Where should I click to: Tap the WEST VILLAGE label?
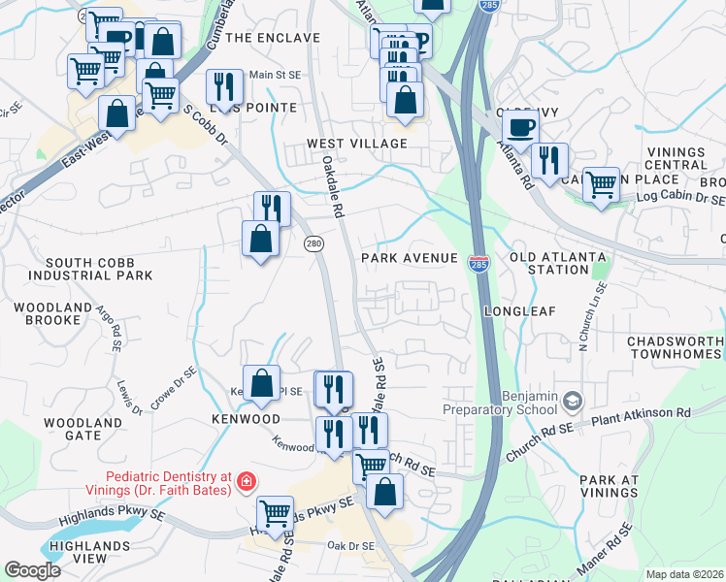click(x=357, y=144)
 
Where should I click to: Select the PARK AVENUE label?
click(x=409, y=258)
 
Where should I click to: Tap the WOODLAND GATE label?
click(x=83, y=429)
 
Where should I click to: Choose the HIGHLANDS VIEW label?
click(x=78, y=553)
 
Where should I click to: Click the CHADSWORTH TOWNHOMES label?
click(x=676, y=348)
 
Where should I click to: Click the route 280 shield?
click(x=313, y=242)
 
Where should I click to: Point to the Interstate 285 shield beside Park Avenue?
click(x=479, y=263)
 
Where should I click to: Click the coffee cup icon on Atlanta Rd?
click(x=521, y=127)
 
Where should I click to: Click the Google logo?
click(x=32, y=570)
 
